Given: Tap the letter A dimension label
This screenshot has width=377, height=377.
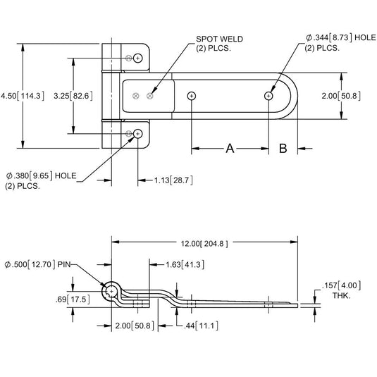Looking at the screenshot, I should point(230,148).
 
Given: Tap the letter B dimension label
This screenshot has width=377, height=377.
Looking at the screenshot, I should point(283,148).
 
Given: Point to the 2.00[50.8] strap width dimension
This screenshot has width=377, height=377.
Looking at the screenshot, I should point(354,95).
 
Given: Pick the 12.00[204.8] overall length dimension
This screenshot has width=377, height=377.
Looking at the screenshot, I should point(200,243).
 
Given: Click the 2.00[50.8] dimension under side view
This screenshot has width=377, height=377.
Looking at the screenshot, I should point(132,325).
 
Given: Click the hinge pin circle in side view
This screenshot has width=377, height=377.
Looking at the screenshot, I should point(111,292).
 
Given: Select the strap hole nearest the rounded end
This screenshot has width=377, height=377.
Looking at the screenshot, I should point(269,95).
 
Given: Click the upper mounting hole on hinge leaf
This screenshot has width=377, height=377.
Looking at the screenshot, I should point(138,58).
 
